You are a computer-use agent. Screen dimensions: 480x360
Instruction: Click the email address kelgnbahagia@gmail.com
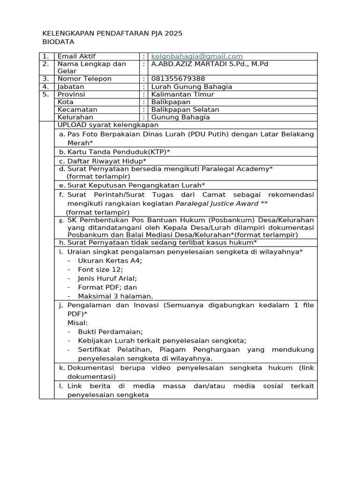click(x=197, y=56)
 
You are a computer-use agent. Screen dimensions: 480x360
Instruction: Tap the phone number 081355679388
click(x=178, y=79)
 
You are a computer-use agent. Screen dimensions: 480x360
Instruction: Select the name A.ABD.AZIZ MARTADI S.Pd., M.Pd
click(x=210, y=64)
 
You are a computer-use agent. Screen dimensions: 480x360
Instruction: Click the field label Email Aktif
click(x=76, y=56)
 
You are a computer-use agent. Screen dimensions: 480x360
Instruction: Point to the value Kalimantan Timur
click(x=182, y=94)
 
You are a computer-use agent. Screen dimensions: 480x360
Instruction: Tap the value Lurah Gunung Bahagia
click(x=191, y=87)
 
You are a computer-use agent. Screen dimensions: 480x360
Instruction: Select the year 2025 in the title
click(x=173, y=33)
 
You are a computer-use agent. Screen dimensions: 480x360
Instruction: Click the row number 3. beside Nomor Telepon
click(x=45, y=79)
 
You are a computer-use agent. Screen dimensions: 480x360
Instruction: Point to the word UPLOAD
click(x=71, y=125)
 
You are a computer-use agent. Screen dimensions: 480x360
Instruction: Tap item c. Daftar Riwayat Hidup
click(x=106, y=161)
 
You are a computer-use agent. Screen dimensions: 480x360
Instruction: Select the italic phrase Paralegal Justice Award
click(x=217, y=203)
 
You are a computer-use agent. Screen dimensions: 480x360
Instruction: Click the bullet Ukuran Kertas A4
click(x=110, y=261)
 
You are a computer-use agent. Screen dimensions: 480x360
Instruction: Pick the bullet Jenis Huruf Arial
click(x=107, y=278)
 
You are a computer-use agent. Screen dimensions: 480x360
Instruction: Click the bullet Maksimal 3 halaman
click(x=115, y=296)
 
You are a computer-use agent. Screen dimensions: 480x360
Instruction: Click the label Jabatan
click(x=71, y=87)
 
